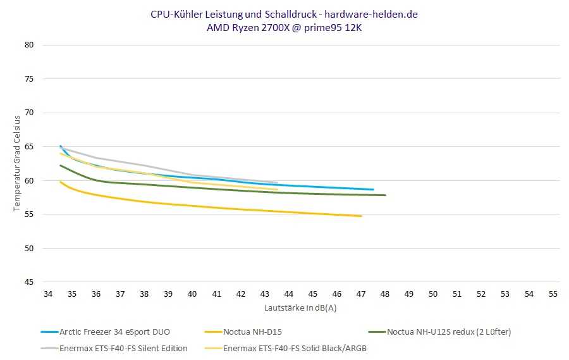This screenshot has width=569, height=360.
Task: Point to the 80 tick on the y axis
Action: tap(29, 45)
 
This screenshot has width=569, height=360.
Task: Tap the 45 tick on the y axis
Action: tap(29, 282)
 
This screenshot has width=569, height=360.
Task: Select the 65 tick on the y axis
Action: tap(29, 147)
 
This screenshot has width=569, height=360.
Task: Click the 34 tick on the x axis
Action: tap(48, 295)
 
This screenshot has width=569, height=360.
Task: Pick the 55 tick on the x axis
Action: tap(553, 295)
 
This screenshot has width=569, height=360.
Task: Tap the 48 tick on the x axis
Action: tap(385, 295)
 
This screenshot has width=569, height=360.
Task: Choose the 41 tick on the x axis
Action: tap(216, 295)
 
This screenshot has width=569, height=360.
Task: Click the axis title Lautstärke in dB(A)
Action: tap(300, 308)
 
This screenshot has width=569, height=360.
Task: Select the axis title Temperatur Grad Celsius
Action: tap(18, 163)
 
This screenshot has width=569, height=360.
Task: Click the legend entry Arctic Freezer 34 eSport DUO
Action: tap(114, 332)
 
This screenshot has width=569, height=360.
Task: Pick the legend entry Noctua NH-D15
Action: tap(252, 332)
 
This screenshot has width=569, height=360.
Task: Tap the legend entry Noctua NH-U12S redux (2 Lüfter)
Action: tap(449, 332)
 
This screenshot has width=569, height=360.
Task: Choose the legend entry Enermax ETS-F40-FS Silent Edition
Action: tap(123, 348)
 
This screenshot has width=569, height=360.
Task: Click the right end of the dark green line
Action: tap(385, 195)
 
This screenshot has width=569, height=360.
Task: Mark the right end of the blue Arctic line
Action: tap(373, 189)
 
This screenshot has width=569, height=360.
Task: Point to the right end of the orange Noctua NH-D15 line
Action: tap(361, 216)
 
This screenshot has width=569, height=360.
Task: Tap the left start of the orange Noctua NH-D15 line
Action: tap(60, 182)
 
